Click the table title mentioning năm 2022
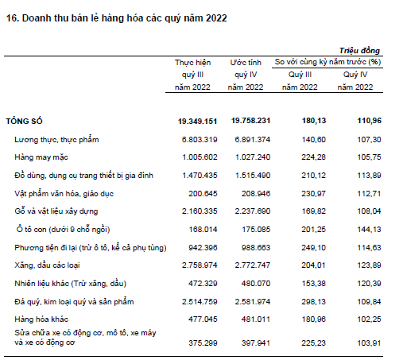pos(117,18)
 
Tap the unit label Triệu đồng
pos(359,51)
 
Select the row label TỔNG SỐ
pos(24,121)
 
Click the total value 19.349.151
pos(197,121)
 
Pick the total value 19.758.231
pos(250,121)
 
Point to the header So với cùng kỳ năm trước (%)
pos(327,62)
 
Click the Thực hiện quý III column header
pos(192,75)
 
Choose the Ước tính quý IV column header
pos(246,75)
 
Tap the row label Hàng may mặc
pos(41,157)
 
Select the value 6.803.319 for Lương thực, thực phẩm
pos(200,140)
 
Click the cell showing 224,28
pos(313,157)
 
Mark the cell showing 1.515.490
pos(253,176)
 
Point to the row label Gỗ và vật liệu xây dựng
pos(56,211)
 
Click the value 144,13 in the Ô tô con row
pos(369,229)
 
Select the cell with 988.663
pos(256,247)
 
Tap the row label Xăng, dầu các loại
pos(47,265)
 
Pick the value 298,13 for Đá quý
pos(313,301)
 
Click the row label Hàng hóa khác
pos(41,319)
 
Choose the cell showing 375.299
pos(203,343)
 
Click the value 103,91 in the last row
pos(369,343)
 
